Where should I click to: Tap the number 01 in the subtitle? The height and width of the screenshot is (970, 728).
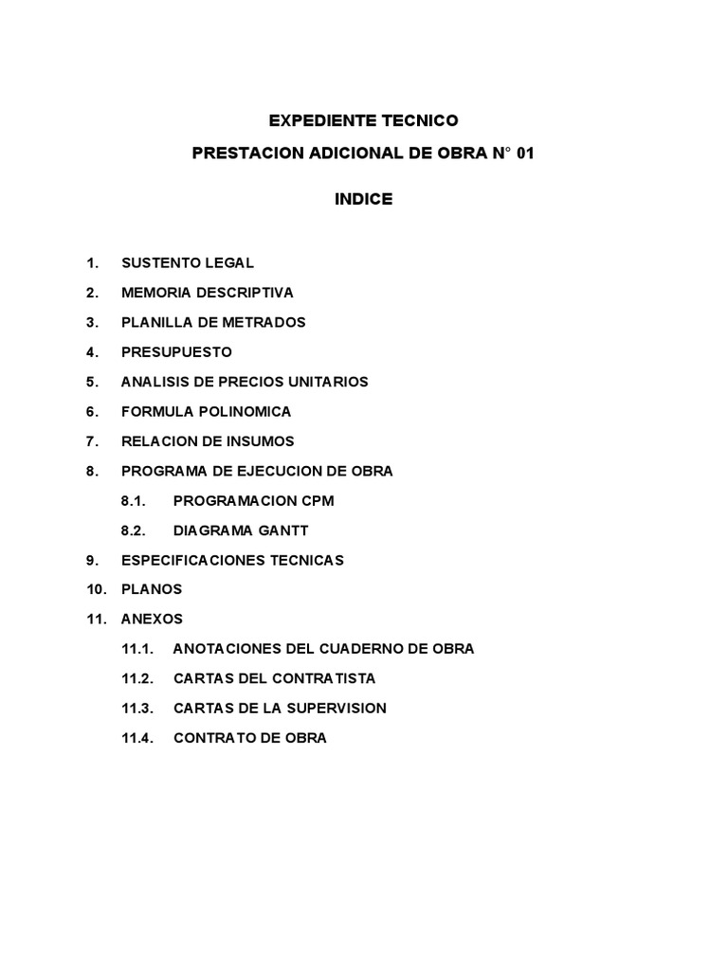click(525, 153)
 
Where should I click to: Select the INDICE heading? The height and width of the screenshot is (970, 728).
click(363, 200)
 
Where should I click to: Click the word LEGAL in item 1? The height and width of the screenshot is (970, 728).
click(231, 263)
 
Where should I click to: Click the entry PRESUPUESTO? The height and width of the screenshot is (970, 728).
click(176, 351)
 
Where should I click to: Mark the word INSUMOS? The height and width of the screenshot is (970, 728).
click(261, 440)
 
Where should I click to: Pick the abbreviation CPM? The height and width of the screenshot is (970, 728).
click(318, 500)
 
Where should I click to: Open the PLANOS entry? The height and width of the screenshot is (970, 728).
click(152, 589)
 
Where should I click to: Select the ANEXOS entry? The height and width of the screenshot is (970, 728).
click(153, 620)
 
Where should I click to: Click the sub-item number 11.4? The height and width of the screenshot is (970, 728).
click(136, 738)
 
